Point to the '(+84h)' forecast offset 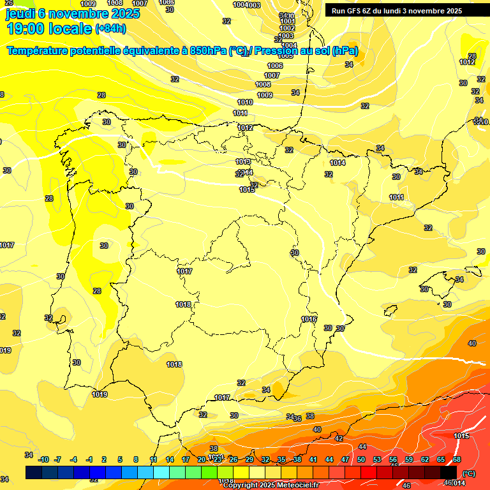[110, 29]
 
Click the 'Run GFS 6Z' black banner [397, 10]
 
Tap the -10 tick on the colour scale [43, 459]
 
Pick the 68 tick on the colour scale [457, 459]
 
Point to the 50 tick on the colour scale [361, 459]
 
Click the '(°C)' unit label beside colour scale [469, 473]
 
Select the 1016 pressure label [309, 319]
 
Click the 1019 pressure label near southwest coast [100, 394]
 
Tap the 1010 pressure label [245, 102]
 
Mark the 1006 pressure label [275, 66]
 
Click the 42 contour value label [339, 438]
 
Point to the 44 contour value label [362, 447]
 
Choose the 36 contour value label [297, 419]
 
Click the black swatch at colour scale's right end [449, 472]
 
